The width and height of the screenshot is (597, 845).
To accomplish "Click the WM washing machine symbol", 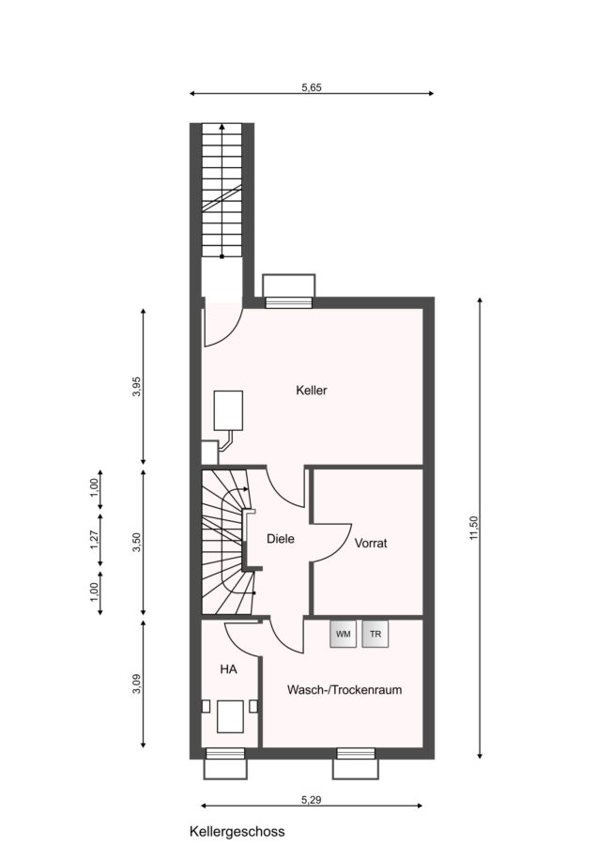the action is pyautogui.click(x=343, y=634).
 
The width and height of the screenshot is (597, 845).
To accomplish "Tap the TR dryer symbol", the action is pyautogui.click(x=375, y=634).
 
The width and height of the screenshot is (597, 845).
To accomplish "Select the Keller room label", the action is pyautogui.click(x=312, y=391).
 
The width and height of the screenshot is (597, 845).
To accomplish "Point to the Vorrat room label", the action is pyautogui.click(x=371, y=544).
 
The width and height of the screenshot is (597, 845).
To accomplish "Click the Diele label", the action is pyautogui.click(x=281, y=538).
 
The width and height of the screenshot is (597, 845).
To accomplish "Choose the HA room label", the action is pyautogui.click(x=228, y=669).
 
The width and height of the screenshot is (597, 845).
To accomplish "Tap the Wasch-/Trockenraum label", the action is pyautogui.click(x=344, y=690).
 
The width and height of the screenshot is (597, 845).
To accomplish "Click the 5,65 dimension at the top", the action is pyautogui.click(x=312, y=87).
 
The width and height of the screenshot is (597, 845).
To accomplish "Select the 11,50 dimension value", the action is pyautogui.click(x=474, y=528).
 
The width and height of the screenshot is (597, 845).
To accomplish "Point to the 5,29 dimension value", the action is pyautogui.click(x=312, y=800).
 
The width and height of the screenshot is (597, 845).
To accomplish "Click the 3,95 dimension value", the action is pyautogui.click(x=137, y=387).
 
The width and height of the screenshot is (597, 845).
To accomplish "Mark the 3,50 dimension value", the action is pyautogui.click(x=137, y=542).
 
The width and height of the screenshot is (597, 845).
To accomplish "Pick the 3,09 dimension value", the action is pyautogui.click(x=137, y=684).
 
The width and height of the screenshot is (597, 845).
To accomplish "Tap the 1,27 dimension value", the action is pyautogui.click(x=94, y=540).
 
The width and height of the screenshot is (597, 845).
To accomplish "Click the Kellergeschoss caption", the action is pyautogui.click(x=237, y=832).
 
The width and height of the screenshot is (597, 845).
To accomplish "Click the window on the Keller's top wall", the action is pyautogui.click(x=289, y=302).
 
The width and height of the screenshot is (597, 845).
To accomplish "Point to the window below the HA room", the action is pyautogui.click(x=225, y=753).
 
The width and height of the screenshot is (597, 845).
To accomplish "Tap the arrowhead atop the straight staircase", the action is pyautogui.click(x=222, y=127).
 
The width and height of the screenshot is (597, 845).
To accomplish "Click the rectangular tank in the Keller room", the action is pyautogui.click(x=228, y=410).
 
